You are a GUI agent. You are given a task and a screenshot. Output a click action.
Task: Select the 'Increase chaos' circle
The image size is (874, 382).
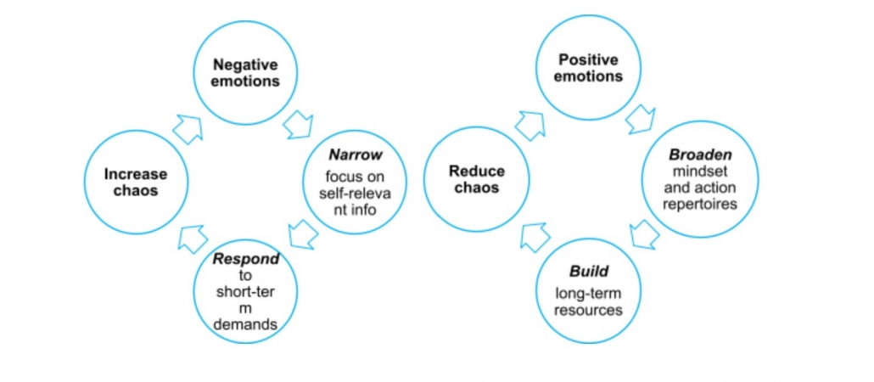click(x=136, y=182)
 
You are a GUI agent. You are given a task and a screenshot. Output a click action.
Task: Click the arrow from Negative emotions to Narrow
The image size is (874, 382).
click(x=299, y=124)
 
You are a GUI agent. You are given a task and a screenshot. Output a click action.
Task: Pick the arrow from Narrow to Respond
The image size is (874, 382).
click(x=303, y=233)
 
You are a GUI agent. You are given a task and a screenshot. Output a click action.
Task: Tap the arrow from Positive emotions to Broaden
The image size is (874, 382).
click(x=641, y=120)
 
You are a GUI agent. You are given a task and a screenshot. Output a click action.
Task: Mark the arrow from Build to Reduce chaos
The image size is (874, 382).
click(x=535, y=237)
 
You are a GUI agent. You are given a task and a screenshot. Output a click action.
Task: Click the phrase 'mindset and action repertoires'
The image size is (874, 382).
click(x=701, y=191)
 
